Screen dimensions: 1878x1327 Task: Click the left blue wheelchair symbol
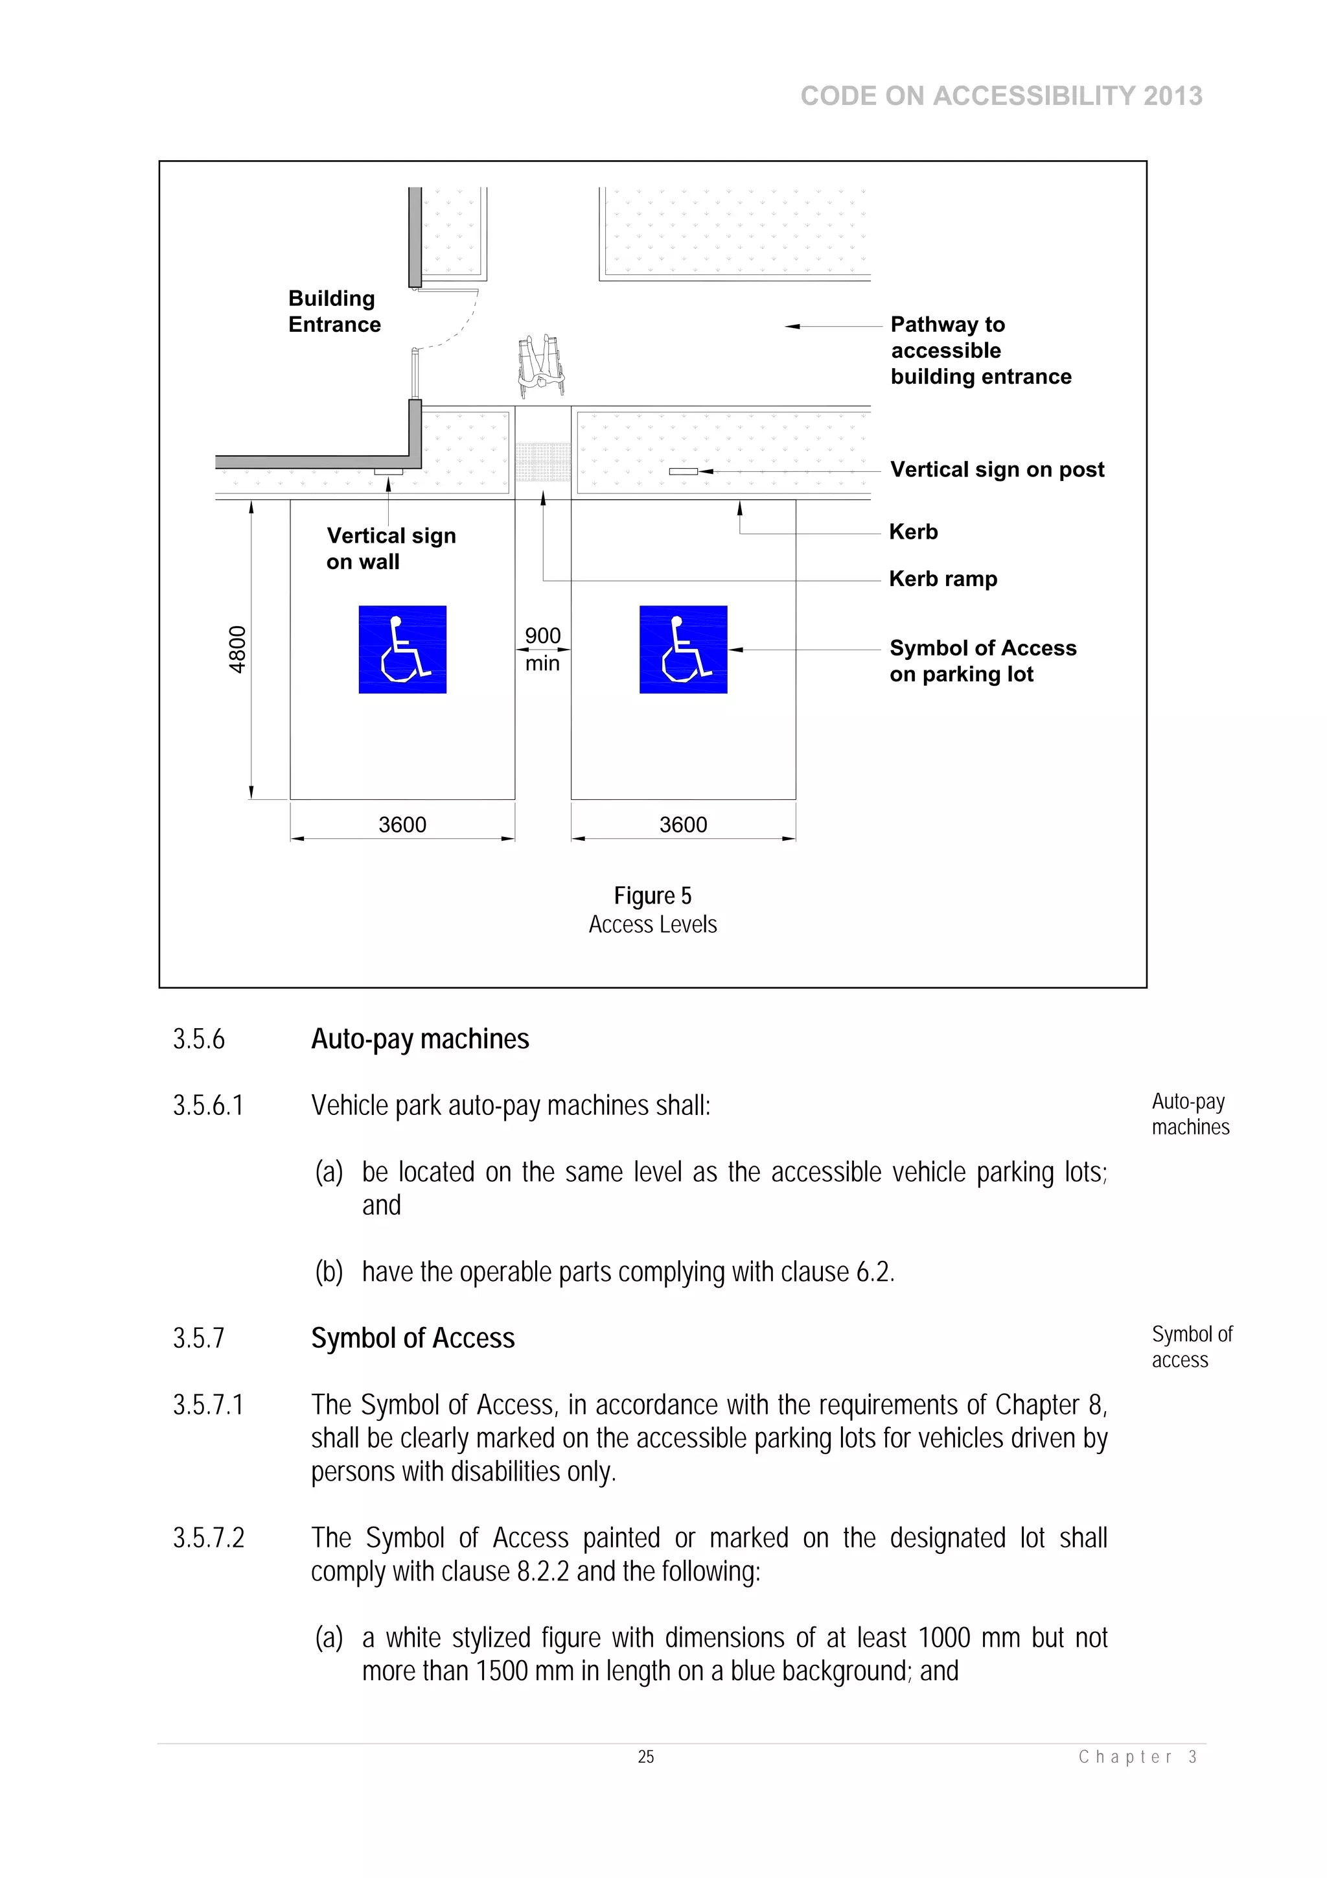click(402, 650)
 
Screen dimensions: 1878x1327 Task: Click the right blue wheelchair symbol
click(683, 650)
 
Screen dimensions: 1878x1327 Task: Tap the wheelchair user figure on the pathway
click(540, 365)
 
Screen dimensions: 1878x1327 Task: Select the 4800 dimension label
click(237, 650)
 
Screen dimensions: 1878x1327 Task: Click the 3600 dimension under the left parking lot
click(402, 825)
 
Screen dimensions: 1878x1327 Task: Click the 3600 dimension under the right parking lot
click(683, 825)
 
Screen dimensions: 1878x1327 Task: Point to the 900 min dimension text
click(542, 650)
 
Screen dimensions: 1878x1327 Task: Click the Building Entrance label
click(334, 312)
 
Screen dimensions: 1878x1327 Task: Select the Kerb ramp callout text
click(943, 579)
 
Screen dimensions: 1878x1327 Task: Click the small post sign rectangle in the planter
click(683, 471)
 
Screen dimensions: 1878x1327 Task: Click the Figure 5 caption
click(652, 897)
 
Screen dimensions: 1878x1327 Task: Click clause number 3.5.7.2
click(209, 1538)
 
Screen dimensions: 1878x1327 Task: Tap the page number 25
click(646, 1757)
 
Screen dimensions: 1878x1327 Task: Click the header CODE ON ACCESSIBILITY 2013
click(1001, 96)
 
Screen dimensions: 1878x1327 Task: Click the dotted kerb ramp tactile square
click(543, 462)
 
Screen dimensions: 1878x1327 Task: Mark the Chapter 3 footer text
click(1137, 1757)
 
